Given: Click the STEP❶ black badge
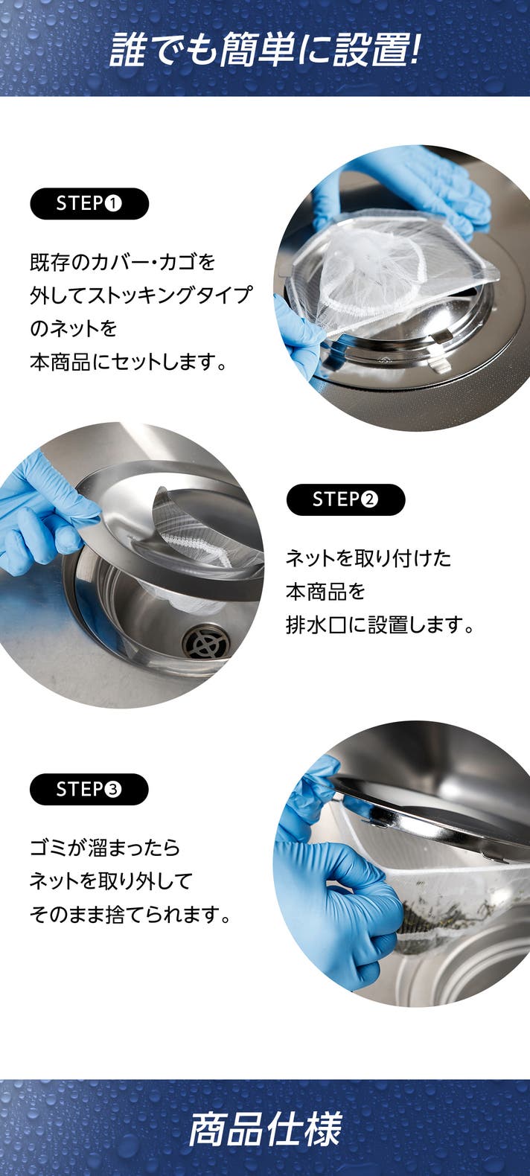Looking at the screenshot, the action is click(x=89, y=203).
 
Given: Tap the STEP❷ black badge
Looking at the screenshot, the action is click(x=345, y=499).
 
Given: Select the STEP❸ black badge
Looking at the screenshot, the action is click(x=89, y=789).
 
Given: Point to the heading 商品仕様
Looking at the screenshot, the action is click(x=265, y=1128).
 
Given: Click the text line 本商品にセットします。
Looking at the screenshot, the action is click(x=128, y=362).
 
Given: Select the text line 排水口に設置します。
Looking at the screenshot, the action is click(x=380, y=624).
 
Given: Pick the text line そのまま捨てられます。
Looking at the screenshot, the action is click(x=130, y=915).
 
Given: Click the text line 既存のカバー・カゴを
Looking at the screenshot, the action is click(x=122, y=261).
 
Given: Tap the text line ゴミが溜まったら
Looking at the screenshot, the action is click(x=104, y=848).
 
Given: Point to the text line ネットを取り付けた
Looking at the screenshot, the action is click(x=368, y=558).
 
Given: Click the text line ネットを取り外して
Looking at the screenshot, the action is click(x=110, y=881).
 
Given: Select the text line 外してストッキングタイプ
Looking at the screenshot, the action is click(x=141, y=295).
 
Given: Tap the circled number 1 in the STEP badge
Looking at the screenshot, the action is click(x=113, y=204).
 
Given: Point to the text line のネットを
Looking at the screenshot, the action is click(x=73, y=329).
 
